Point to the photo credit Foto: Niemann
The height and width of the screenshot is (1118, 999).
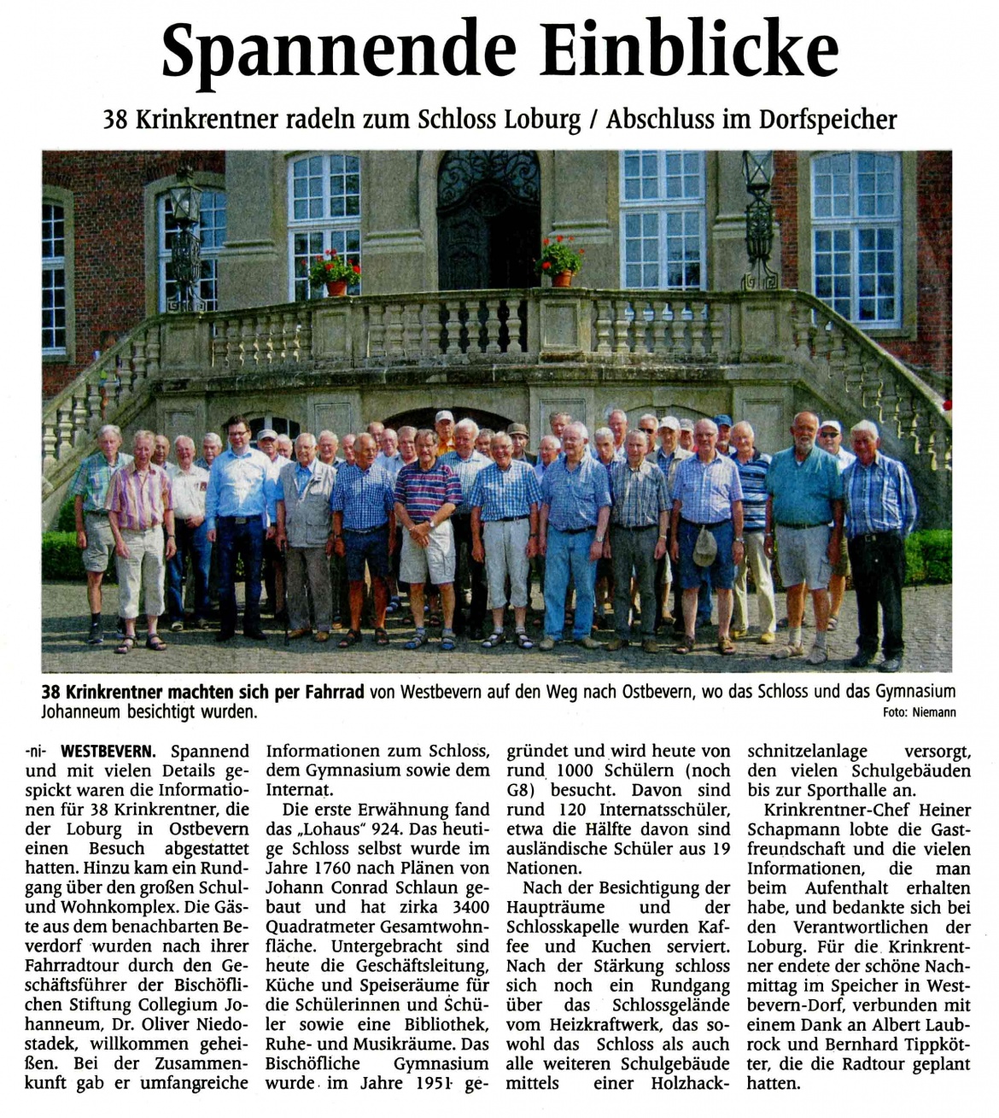point(920,712)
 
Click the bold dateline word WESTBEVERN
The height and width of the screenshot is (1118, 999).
point(108,752)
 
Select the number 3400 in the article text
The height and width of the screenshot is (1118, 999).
point(470,907)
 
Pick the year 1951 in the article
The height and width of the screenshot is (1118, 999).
point(436,1083)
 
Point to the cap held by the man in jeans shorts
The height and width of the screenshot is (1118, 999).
point(704,547)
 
